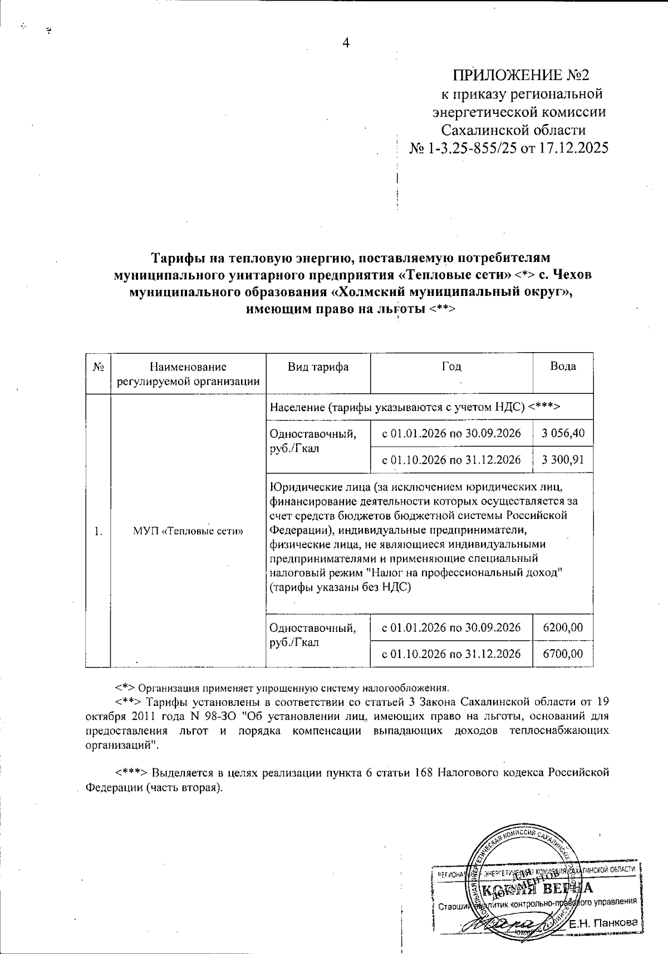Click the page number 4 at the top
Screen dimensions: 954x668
click(346, 44)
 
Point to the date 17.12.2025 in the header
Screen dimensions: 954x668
click(573, 149)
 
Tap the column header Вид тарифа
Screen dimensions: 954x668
click(318, 367)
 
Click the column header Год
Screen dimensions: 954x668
click(451, 367)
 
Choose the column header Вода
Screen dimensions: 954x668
click(563, 366)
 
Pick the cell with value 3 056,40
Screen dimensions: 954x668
click(563, 433)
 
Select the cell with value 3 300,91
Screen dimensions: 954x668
click(563, 459)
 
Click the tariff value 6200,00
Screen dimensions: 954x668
click(563, 627)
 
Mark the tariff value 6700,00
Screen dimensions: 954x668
click(563, 654)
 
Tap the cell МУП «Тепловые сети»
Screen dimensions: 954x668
click(189, 530)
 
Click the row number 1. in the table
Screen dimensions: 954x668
click(99, 531)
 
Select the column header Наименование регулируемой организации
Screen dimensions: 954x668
click(189, 374)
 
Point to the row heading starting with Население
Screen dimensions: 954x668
click(414, 407)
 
